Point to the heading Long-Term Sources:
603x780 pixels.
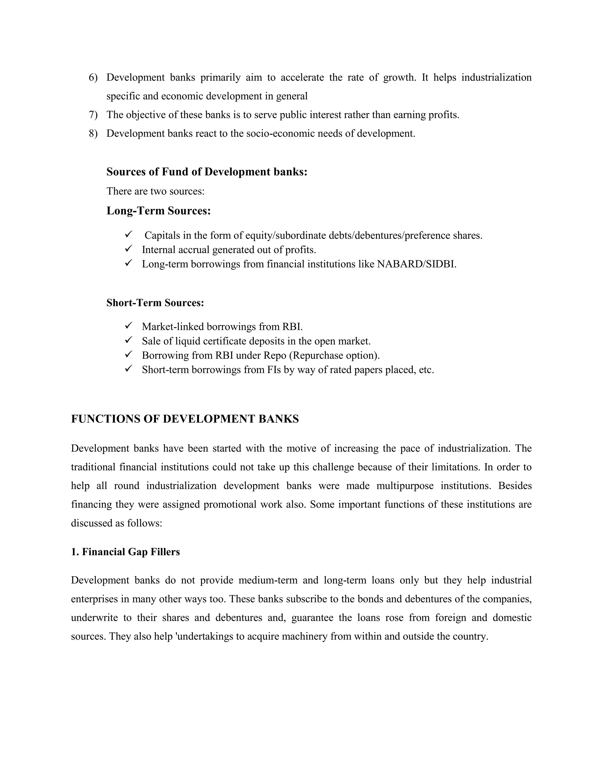pos(159,211)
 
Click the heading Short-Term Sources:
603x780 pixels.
pos(155,303)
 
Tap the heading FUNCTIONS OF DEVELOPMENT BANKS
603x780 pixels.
pos(185,419)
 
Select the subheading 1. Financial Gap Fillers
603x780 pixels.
pos(125,552)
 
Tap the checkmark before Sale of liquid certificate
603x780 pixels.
pos(129,340)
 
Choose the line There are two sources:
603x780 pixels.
pos(155,191)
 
